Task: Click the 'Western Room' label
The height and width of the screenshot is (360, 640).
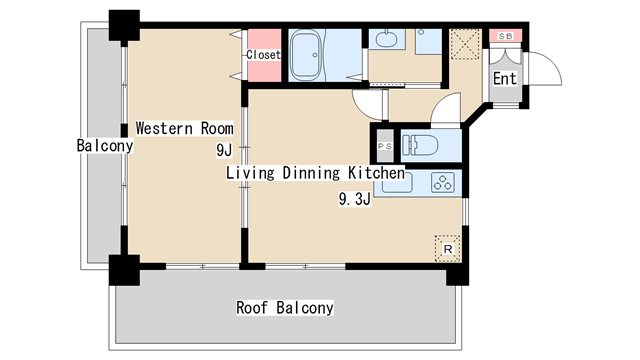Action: point(184,128)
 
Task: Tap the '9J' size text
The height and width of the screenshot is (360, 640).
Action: point(224,150)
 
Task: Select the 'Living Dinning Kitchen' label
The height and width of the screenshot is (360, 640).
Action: point(316,173)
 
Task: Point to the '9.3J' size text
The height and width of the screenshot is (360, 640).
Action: point(355,199)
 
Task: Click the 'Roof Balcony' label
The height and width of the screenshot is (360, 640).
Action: point(285,307)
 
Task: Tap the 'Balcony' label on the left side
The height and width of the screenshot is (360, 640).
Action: point(105,145)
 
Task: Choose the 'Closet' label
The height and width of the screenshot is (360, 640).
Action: point(264,54)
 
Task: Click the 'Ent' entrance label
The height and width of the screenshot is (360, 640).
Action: point(505,78)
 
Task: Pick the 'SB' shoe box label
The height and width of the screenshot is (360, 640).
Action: point(506,36)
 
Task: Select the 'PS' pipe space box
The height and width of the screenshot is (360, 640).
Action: point(384,146)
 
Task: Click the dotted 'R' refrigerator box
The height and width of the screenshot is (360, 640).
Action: point(448,248)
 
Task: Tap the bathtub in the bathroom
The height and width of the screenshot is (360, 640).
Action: point(306,55)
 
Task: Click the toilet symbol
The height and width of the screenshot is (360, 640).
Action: point(420,145)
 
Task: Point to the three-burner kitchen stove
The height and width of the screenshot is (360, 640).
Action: point(443,182)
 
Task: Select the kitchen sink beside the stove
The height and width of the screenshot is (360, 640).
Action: point(397,182)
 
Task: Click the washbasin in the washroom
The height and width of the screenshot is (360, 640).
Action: point(386,40)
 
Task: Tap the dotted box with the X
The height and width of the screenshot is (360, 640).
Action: point(465,44)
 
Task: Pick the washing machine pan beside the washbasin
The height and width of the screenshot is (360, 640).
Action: point(429,41)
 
